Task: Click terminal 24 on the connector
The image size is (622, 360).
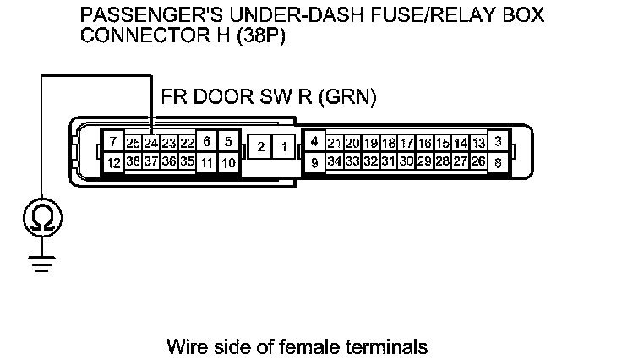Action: [150, 143]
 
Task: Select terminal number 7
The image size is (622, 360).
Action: [113, 142]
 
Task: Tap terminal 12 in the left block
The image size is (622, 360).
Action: [113, 161]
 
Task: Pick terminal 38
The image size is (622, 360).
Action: [133, 161]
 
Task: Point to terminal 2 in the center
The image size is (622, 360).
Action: [262, 148]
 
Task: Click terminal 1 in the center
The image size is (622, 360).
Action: [285, 148]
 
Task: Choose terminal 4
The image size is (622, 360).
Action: [314, 141]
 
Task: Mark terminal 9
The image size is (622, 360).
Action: [314, 161]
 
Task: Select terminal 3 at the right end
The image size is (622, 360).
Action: [499, 141]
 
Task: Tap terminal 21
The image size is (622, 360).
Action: [334, 143]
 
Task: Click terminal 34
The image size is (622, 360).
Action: [334, 161]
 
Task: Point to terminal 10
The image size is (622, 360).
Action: [228, 161]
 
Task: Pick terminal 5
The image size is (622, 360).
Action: [228, 142]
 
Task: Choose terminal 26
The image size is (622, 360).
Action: [478, 161]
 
